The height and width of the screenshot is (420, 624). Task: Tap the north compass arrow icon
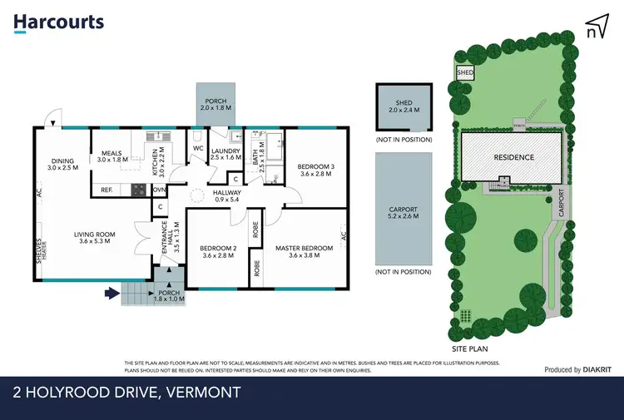coord(595,27)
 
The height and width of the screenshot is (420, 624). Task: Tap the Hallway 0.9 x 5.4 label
coord(202,195)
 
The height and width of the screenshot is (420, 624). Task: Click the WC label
coord(198,149)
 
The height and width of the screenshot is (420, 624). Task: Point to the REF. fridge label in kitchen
coord(106,190)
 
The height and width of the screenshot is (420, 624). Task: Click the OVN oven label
coord(160,190)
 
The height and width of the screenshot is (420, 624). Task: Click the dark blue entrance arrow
coord(111,293)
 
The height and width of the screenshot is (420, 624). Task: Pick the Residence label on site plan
coord(513,156)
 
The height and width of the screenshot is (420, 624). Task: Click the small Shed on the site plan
coord(464,73)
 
